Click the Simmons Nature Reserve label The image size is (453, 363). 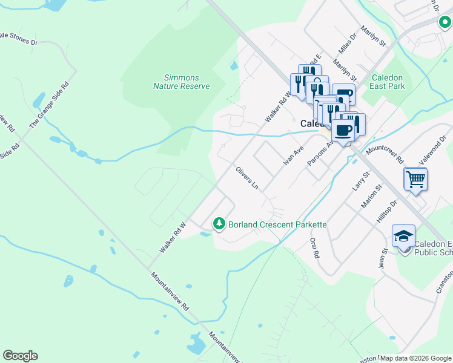pos(181,82)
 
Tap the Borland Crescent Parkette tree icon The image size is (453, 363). pos(219,224)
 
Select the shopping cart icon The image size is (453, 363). pos(415,178)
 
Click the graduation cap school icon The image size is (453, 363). pos(404,237)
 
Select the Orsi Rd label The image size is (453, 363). pos(314,248)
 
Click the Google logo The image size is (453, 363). pos(20,356)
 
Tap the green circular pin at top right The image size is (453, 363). pos(444,24)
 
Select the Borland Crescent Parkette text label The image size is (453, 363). pos(277,224)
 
